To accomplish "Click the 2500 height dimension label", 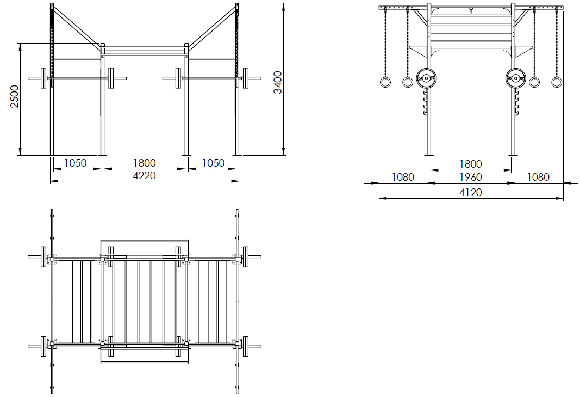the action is [15, 96].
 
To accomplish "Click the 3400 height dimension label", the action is [277, 82].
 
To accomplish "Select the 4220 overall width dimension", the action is [144, 175].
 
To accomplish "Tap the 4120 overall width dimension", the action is [471, 192].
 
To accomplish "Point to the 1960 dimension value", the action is [471, 177].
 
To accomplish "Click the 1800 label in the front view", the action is [144, 163].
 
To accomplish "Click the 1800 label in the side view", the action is [471, 164].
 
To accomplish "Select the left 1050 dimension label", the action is [75, 163].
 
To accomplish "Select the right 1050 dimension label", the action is [213, 163].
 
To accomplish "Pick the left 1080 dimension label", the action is [403, 177].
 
